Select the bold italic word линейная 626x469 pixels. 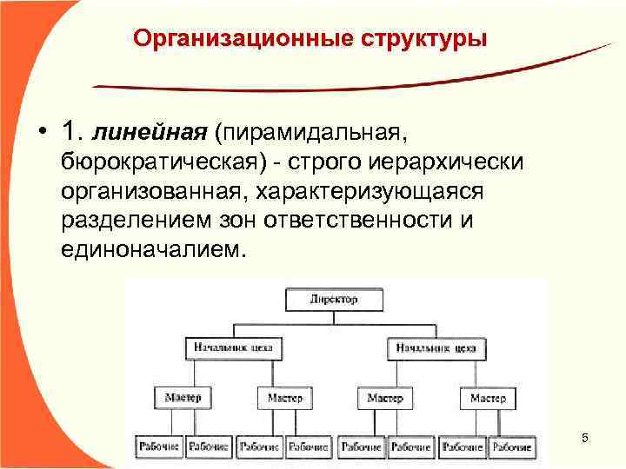(150, 133)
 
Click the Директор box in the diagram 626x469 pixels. (334, 300)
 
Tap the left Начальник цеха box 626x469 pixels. (232, 348)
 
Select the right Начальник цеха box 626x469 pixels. (436, 348)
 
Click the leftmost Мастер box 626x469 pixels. (183, 398)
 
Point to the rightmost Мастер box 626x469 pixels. (488, 398)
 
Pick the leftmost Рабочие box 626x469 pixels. (159, 446)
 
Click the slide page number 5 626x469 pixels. (584, 439)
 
